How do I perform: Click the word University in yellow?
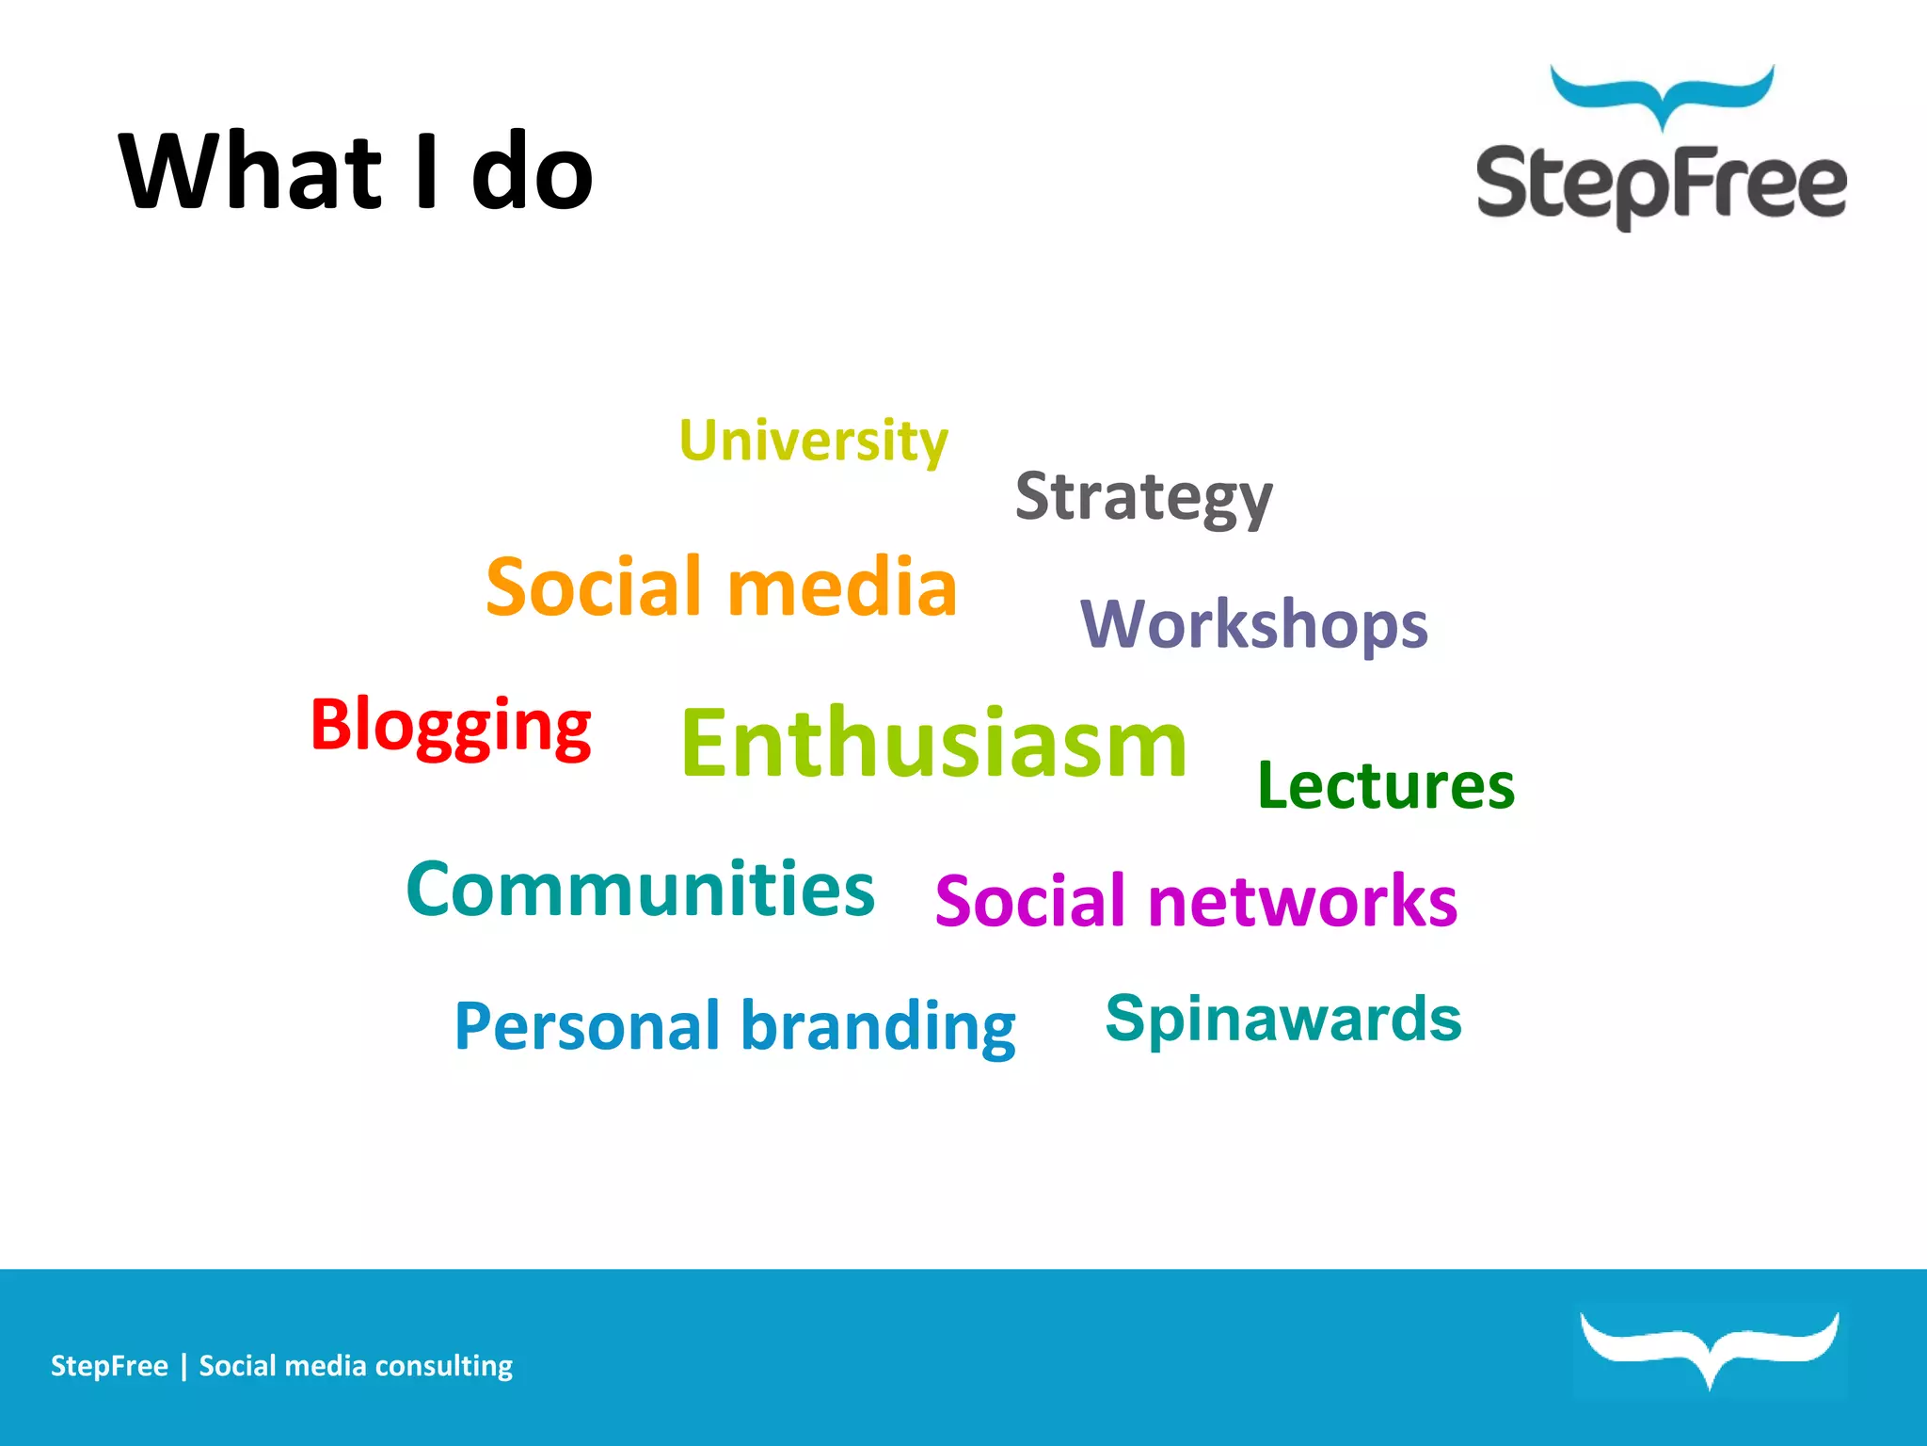coord(813,441)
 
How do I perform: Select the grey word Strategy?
coord(1143,496)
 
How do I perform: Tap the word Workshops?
coord(1253,624)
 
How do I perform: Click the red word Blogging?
coord(451,725)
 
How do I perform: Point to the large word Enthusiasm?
coord(933,744)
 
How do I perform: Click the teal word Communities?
coord(640,889)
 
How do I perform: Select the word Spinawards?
coord(1283,1019)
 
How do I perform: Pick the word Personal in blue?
coord(586,1025)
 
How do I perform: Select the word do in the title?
coord(532,171)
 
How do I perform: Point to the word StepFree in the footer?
coord(109,1366)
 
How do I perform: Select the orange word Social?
coord(596,586)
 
